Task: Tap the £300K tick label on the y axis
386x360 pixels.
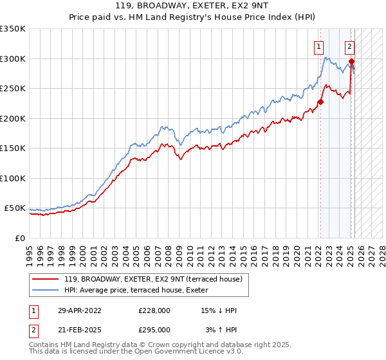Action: (12, 59)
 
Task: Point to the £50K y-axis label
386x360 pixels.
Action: (15, 208)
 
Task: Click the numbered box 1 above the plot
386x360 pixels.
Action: (318, 46)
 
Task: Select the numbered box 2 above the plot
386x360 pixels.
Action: (349, 46)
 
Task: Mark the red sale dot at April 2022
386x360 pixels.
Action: (320, 102)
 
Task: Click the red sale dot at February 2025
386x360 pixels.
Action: (351, 62)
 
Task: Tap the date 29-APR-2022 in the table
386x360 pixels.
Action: (80, 310)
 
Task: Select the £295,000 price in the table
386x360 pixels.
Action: (154, 330)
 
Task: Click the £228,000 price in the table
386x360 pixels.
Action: (154, 310)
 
